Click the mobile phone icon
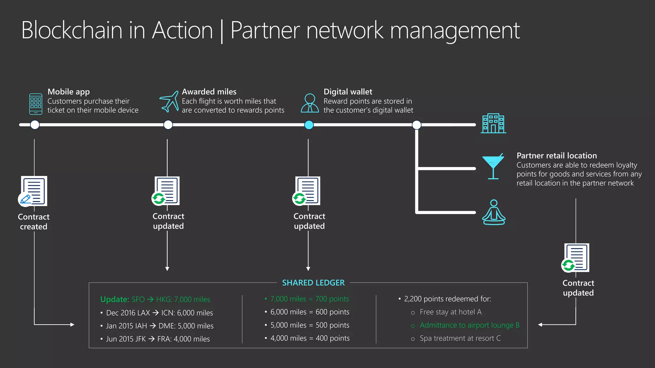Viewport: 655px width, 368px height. coord(36,104)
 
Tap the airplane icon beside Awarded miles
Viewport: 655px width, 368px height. coord(169,102)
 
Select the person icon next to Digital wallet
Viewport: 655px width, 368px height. coord(310,103)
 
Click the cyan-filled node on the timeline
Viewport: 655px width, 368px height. coord(309,125)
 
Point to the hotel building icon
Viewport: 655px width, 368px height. coord(493,123)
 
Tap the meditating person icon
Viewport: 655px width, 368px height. coord(493,212)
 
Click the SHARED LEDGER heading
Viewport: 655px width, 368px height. coord(313,283)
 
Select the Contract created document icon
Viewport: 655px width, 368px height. coord(33,191)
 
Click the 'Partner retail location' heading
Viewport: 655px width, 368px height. coord(556,156)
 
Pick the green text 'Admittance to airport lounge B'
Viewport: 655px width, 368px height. coord(469,325)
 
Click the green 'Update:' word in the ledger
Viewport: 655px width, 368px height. coord(114,299)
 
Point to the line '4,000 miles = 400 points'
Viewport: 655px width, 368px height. coord(310,338)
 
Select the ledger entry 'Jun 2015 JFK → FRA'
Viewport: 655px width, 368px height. coord(158,339)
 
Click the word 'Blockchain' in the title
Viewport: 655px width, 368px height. coord(72,30)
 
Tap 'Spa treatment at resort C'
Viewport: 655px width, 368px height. coord(460,338)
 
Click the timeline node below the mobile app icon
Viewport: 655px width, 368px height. coord(35,125)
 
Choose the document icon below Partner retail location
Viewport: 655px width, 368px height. coord(576,258)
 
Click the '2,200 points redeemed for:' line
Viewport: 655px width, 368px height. coord(447,299)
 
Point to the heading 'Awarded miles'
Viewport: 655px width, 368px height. coord(209,92)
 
